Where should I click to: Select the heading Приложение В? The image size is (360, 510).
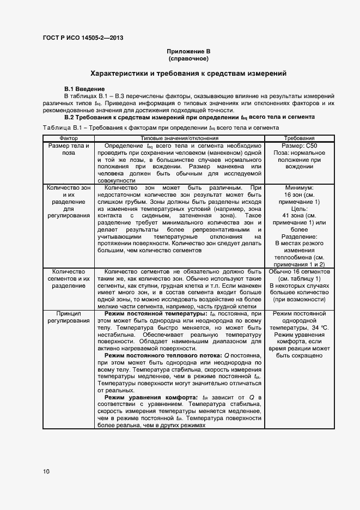[x=188, y=51]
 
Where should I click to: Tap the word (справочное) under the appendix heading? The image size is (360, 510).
[x=188, y=58]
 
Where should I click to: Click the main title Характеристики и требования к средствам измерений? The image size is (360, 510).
[x=188, y=73]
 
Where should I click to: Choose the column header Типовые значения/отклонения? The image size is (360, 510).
[x=179, y=138]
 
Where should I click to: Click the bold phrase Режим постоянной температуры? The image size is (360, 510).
[x=149, y=314]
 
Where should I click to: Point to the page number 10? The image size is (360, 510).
[x=46, y=471]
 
